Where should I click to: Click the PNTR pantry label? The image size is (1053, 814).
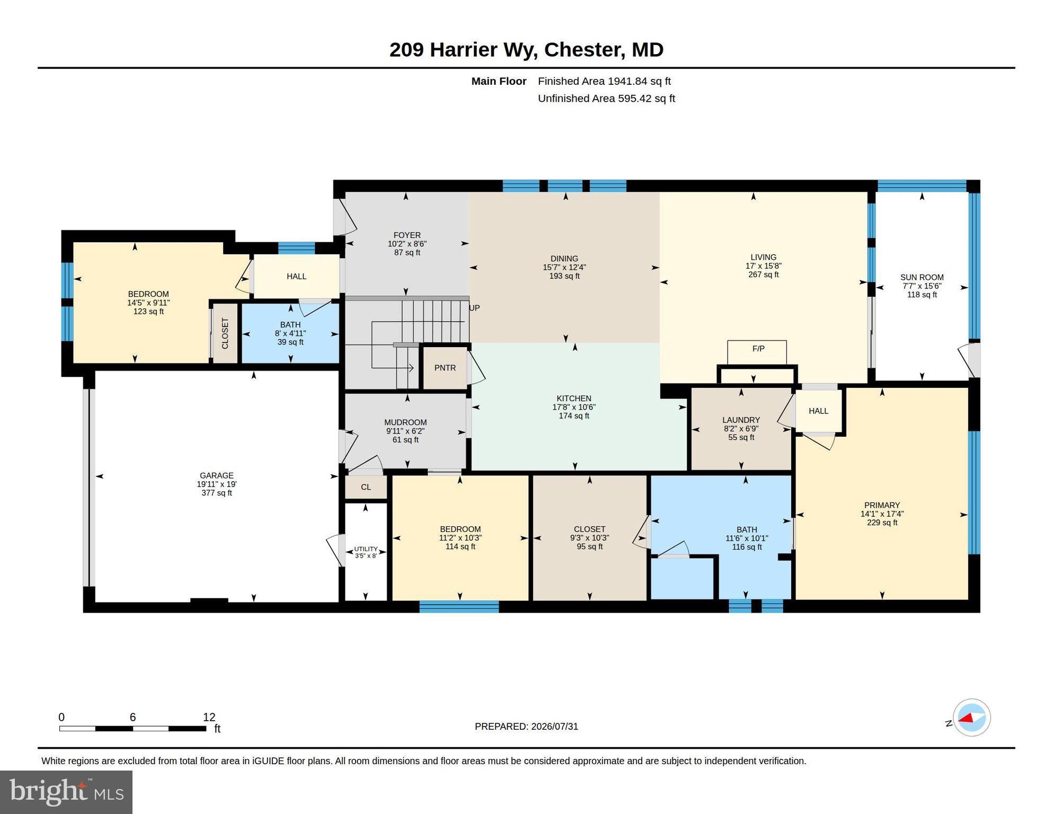[x=445, y=368]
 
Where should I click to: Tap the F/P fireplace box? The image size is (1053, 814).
[x=757, y=352]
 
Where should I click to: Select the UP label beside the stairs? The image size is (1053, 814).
[x=474, y=308]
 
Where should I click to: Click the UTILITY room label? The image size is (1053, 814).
[x=366, y=549]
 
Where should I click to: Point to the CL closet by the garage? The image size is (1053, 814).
[x=366, y=487]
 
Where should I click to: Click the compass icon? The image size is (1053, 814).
[x=972, y=718]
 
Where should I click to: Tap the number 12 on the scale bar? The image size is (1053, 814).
[x=209, y=717]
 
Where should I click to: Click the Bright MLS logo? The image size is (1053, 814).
[x=66, y=792]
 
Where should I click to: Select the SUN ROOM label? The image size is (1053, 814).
[x=922, y=277]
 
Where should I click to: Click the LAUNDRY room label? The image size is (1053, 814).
[x=741, y=420]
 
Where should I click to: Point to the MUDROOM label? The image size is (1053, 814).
[x=405, y=422]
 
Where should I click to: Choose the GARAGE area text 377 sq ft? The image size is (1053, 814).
[x=217, y=493]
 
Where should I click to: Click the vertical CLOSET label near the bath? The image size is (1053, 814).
[x=225, y=333]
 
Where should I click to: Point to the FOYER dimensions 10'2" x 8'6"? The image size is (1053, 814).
[x=407, y=244]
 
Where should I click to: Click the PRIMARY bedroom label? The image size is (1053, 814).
[x=882, y=505]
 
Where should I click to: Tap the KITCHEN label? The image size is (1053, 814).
[x=574, y=399]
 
